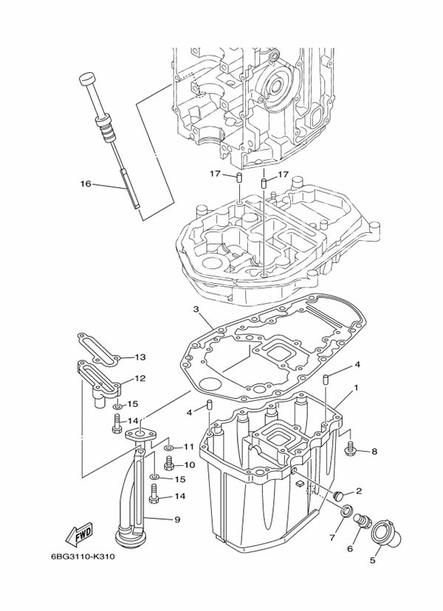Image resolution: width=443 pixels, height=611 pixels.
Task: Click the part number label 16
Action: pyautogui.click(x=86, y=184)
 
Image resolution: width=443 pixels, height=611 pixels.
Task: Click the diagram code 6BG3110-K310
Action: pyautogui.click(x=83, y=556)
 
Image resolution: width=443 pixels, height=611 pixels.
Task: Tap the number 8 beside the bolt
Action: pyautogui.click(x=374, y=451)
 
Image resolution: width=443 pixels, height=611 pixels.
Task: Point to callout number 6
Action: pyautogui.click(x=351, y=547)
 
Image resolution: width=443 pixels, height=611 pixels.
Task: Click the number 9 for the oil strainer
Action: pyautogui.click(x=177, y=520)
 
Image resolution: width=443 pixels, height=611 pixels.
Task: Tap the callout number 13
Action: pyautogui.click(x=140, y=357)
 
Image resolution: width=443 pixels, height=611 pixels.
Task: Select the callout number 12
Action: pyautogui.click(x=139, y=380)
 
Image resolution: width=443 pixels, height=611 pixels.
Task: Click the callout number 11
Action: pyautogui.click(x=189, y=447)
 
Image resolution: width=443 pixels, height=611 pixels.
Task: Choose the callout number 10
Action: pyautogui.click(x=190, y=465)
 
